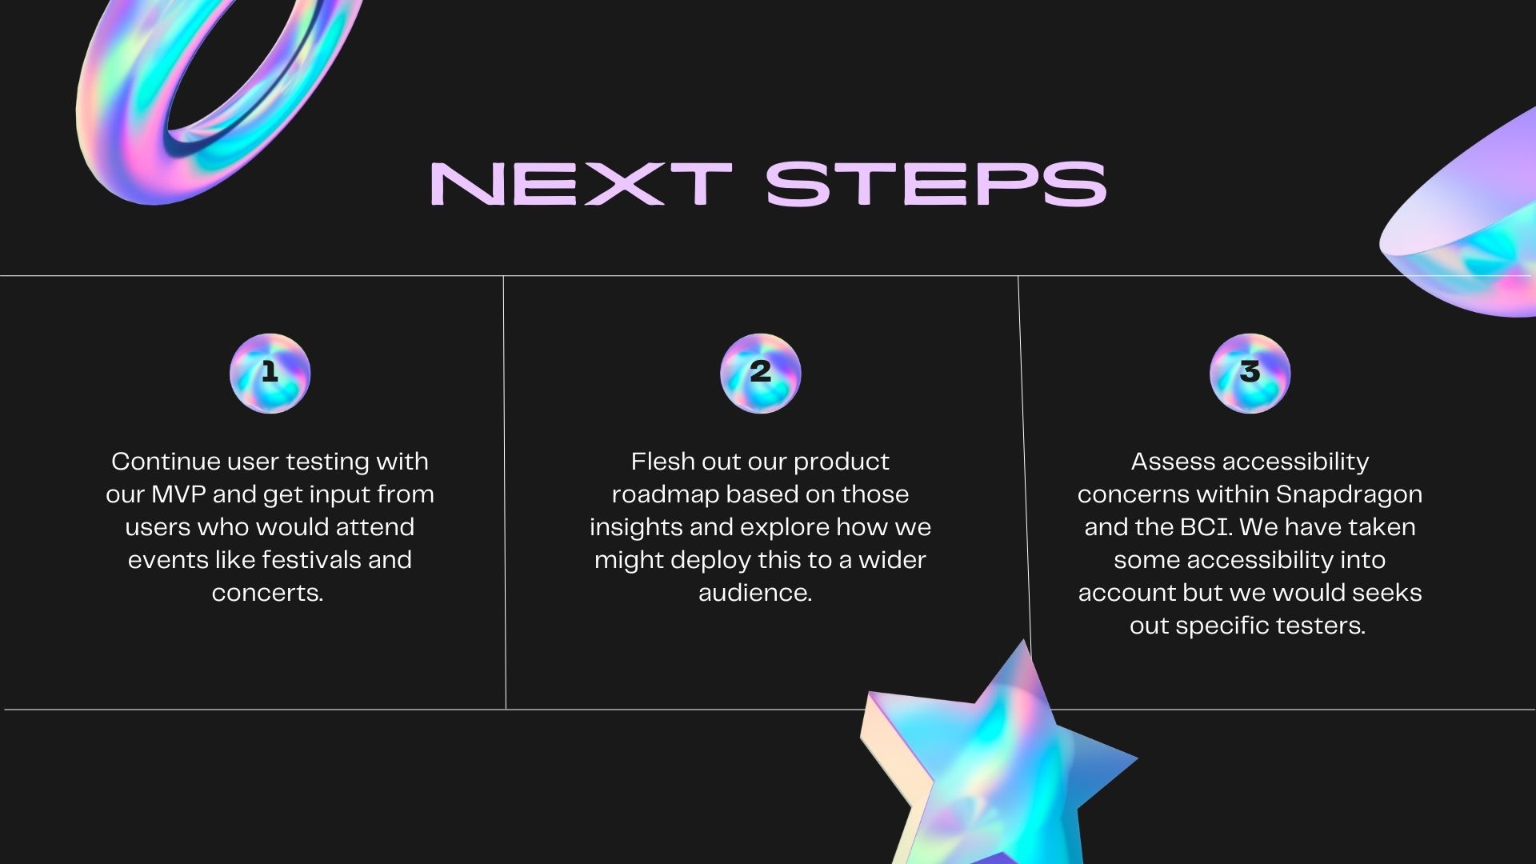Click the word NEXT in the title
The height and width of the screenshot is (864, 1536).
pyautogui.click(x=581, y=184)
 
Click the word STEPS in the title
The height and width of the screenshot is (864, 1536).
pyautogui.click(x=936, y=184)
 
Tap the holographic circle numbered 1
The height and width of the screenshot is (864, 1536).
pyautogui.click(x=270, y=374)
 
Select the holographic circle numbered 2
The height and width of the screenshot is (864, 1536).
pyautogui.click(x=760, y=374)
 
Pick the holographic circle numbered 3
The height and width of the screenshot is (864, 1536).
pyautogui.click(x=1250, y=374)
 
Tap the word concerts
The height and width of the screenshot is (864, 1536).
pyautogui.click(x=267, y=593)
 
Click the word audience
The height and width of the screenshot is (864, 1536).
pyautogui.click(x=755, y=593)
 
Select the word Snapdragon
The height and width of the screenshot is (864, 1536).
pyautogui.click(x=1349, y=494)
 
